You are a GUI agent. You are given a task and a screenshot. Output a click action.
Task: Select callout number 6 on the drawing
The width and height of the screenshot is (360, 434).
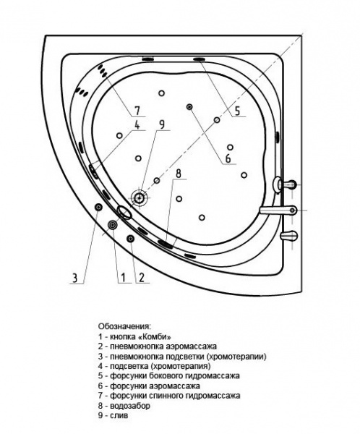(x=227, y=158)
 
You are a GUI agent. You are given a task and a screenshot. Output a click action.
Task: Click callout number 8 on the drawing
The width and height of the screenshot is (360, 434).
(x=178, y=174)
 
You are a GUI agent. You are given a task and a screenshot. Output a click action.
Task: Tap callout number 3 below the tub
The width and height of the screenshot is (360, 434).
(x=74, y=277)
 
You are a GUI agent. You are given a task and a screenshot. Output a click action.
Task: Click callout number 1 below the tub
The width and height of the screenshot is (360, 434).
(x=123, y=277)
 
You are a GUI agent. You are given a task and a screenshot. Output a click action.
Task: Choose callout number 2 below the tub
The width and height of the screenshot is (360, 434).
(x=142, y=277)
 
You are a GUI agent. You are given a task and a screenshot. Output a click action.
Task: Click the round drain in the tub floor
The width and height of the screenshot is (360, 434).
(x=138, y=197)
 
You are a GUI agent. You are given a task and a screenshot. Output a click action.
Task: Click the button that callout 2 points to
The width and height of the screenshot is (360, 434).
(x=130, y=239)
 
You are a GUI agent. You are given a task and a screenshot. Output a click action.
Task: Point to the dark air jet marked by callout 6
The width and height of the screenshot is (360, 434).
(x=189, y=107)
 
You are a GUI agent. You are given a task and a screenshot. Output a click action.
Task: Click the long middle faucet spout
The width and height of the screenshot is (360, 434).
(x=278, y=211)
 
